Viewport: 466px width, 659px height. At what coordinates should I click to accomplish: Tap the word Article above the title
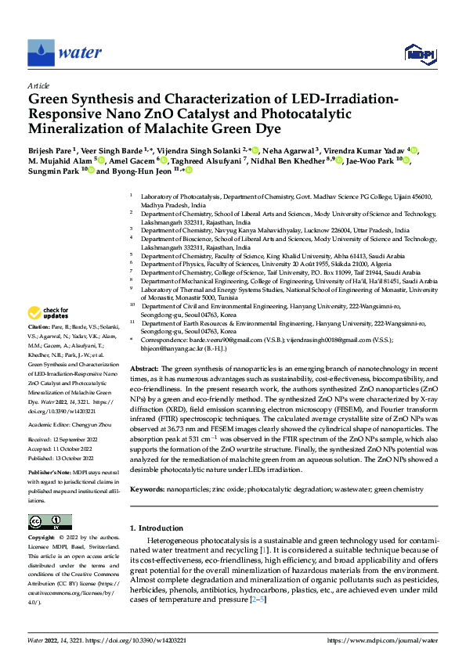click(38, 85)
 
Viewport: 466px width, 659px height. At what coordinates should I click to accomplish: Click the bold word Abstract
click(144, 368)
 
